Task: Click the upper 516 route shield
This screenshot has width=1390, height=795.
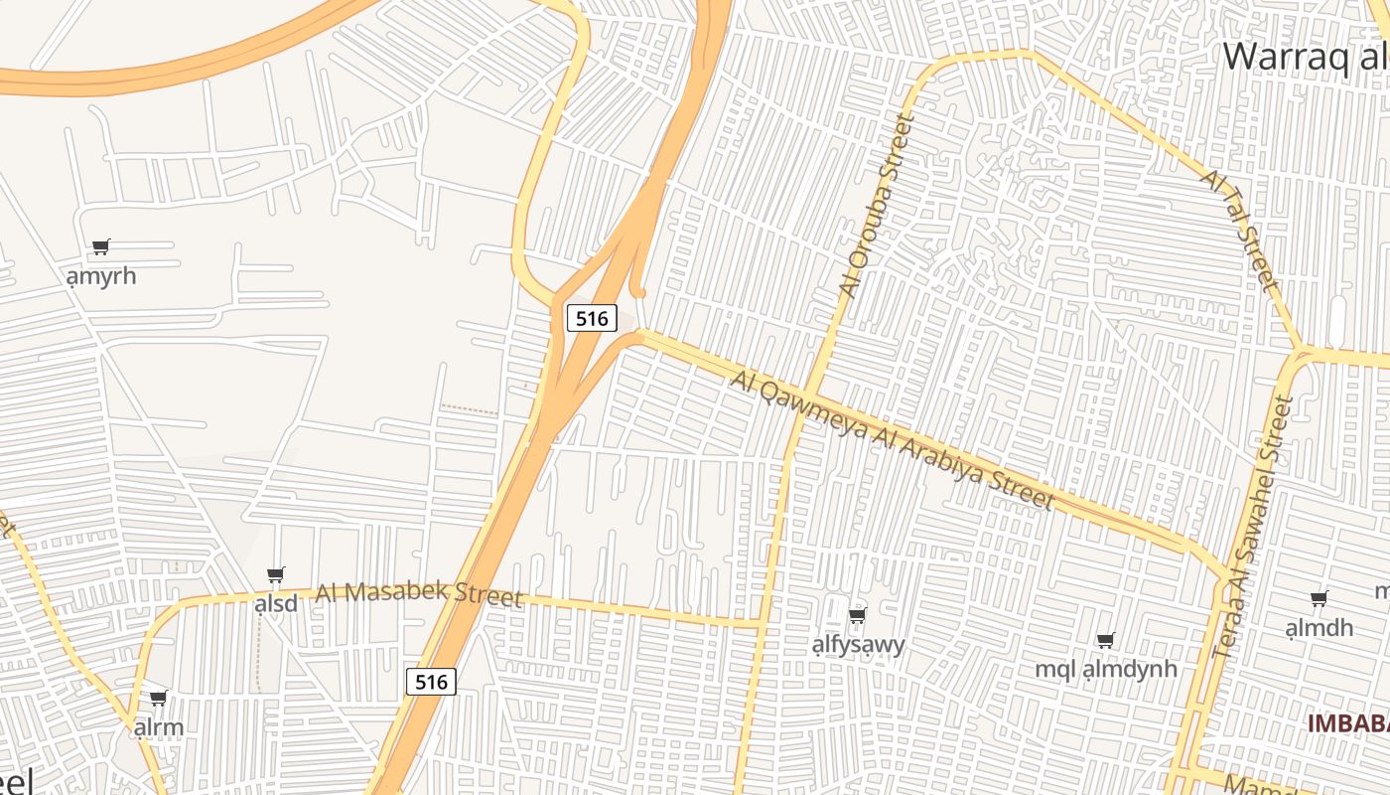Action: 592,318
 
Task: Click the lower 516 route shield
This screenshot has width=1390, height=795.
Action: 431,682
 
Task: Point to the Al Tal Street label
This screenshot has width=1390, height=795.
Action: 1238,230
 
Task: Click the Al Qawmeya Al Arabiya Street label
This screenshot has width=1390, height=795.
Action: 892,439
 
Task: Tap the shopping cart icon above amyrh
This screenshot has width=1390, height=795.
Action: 100,246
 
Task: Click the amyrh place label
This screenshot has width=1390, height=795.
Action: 101,275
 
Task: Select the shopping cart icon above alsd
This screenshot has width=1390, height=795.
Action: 276,574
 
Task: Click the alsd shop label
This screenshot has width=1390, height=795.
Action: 276,603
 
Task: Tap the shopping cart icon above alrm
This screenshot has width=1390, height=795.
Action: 158,698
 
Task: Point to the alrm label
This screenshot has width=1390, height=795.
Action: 159,726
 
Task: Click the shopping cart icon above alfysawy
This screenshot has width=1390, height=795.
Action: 858,615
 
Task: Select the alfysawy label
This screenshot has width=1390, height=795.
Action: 859,644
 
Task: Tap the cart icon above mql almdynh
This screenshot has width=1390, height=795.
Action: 1105,640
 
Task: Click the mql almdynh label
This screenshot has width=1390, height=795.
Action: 1106,669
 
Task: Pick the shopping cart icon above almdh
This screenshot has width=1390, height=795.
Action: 1319,598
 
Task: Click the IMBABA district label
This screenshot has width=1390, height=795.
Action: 1347,723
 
